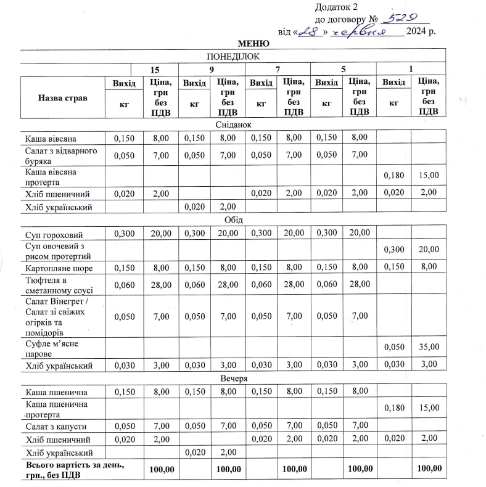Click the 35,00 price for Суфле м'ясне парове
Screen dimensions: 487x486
428,348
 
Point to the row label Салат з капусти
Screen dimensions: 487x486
56,427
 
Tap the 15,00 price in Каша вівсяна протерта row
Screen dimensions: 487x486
428,175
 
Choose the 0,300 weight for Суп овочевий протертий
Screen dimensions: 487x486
394,249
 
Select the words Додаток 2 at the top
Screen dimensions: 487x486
336,7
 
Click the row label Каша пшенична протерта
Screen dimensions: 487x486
57,408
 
